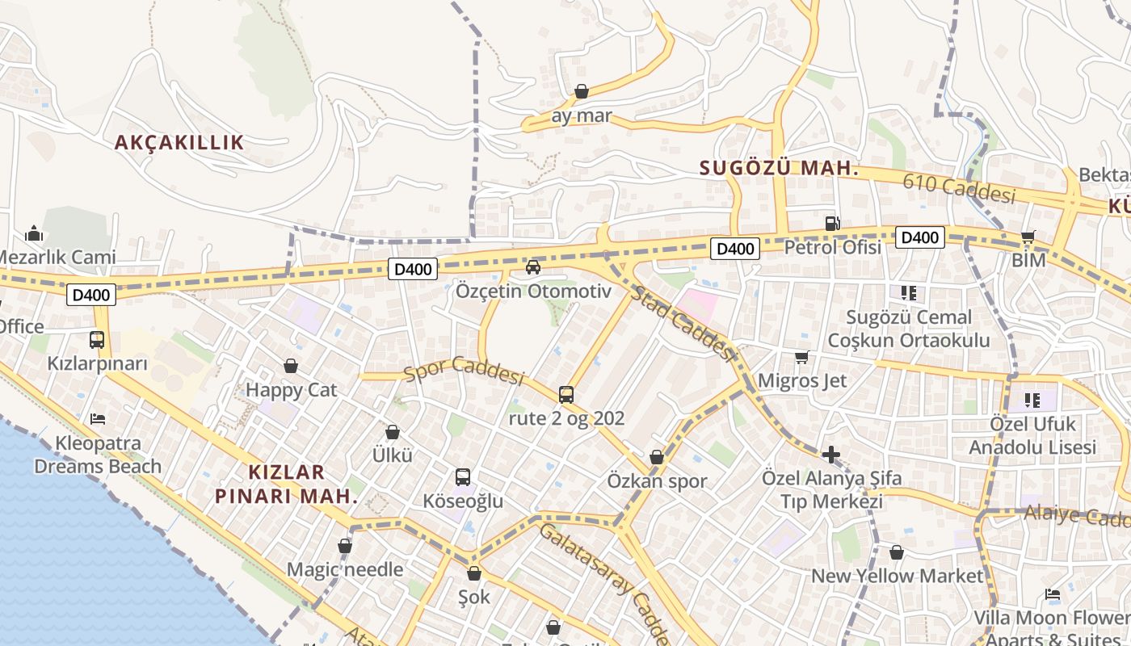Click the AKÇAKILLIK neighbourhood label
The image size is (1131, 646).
(179, 143)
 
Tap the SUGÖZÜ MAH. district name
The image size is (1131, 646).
(779, 168)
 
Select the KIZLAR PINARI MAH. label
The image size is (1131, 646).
(287, 484)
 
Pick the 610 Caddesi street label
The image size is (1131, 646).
(959, 188)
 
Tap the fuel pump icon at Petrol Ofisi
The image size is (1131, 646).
(832, 223)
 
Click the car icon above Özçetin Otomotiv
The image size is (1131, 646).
(533, 267)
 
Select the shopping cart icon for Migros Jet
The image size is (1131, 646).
(801, 357)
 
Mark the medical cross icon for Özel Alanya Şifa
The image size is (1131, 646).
(831, 455)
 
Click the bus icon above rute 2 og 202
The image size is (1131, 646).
(566, 395)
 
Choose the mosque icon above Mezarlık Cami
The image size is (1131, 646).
(34, 234)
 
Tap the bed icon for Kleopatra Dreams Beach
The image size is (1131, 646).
(98, 419)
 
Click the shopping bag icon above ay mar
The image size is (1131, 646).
(582, 91)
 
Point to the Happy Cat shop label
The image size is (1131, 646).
(291, 390)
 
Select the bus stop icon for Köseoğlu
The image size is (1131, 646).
(463, 477)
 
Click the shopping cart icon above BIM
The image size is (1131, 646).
(1028, 237)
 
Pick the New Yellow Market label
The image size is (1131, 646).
(897, 576)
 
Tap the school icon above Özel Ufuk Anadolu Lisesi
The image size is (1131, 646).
(1032, 400)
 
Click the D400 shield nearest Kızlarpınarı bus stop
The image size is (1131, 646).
(91, 296)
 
